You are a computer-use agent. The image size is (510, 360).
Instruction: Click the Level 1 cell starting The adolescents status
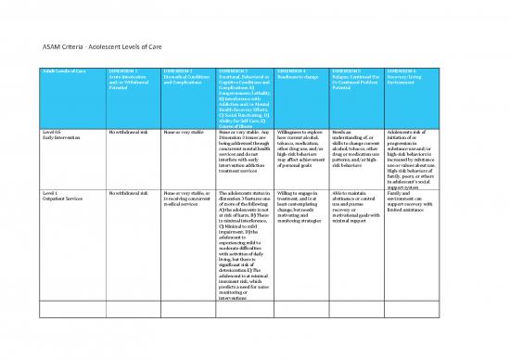point(243,250)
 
